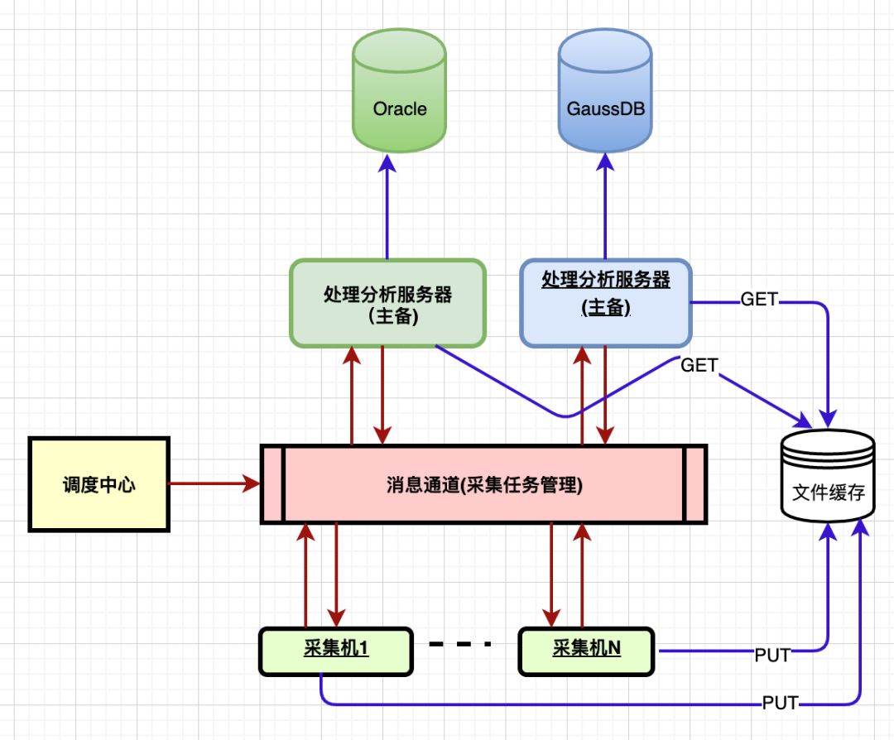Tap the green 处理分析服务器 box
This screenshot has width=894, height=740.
[x=387, y=303]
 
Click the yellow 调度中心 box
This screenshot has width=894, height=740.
[x=99, y=484]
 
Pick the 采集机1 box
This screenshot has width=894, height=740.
[x=336, y=651]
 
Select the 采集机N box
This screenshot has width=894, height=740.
[x=587, y=651]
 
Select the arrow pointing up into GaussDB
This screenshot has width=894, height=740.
[x=606, y=207]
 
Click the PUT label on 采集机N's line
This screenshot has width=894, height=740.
[x=771, y=656]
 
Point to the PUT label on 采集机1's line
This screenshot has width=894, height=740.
[x=780, y=704]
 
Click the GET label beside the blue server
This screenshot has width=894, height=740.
[x=758, y=300]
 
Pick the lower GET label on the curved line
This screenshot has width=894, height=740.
[x=699, y=365]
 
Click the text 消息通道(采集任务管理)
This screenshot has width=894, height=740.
[x=484, y=485]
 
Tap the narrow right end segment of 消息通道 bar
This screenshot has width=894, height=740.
[x=695, y=485]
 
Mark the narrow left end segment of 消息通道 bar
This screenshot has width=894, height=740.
[x=273, y=485]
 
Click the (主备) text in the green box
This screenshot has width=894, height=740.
[x=387, y=317]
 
